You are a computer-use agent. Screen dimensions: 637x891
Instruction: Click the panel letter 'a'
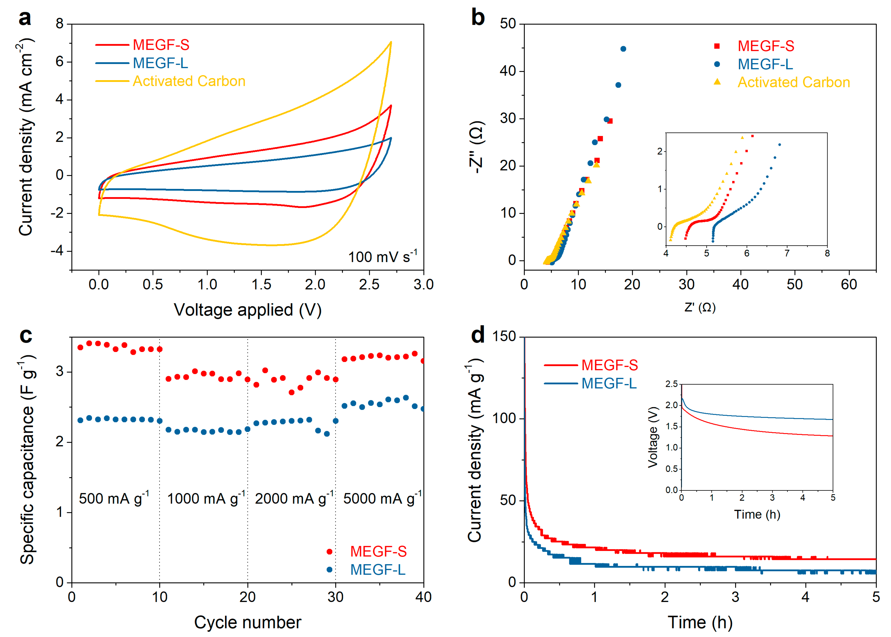pos(25,19)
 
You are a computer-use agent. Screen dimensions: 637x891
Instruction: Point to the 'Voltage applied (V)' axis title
pos(247,310)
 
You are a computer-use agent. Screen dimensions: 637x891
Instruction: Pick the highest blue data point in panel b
pos(623,49)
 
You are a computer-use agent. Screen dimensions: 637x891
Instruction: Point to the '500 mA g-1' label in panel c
pos(114,499)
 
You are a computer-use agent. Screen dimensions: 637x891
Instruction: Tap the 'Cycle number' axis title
pos(247,622)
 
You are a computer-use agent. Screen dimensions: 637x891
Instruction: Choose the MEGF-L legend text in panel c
pos(377,569)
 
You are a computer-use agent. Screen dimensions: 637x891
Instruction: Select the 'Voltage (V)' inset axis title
pos(653,437)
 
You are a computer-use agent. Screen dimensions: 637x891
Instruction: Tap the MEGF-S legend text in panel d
pos(609,365)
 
